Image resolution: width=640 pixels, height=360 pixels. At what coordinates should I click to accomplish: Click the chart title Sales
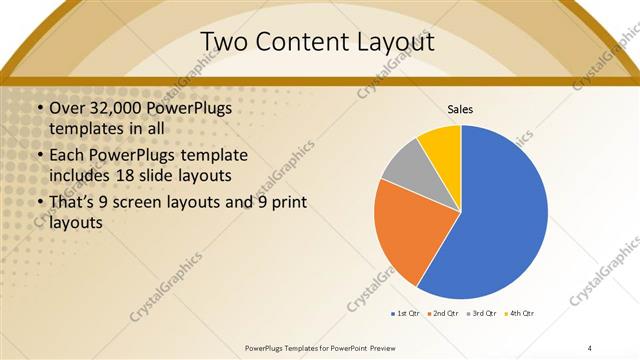(460, 109)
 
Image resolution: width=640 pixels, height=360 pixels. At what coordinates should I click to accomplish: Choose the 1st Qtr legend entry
(406, 314)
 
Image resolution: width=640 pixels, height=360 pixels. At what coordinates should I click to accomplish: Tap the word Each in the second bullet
(66, 156)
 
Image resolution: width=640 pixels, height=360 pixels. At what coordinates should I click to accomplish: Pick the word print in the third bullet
(286, 204)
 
